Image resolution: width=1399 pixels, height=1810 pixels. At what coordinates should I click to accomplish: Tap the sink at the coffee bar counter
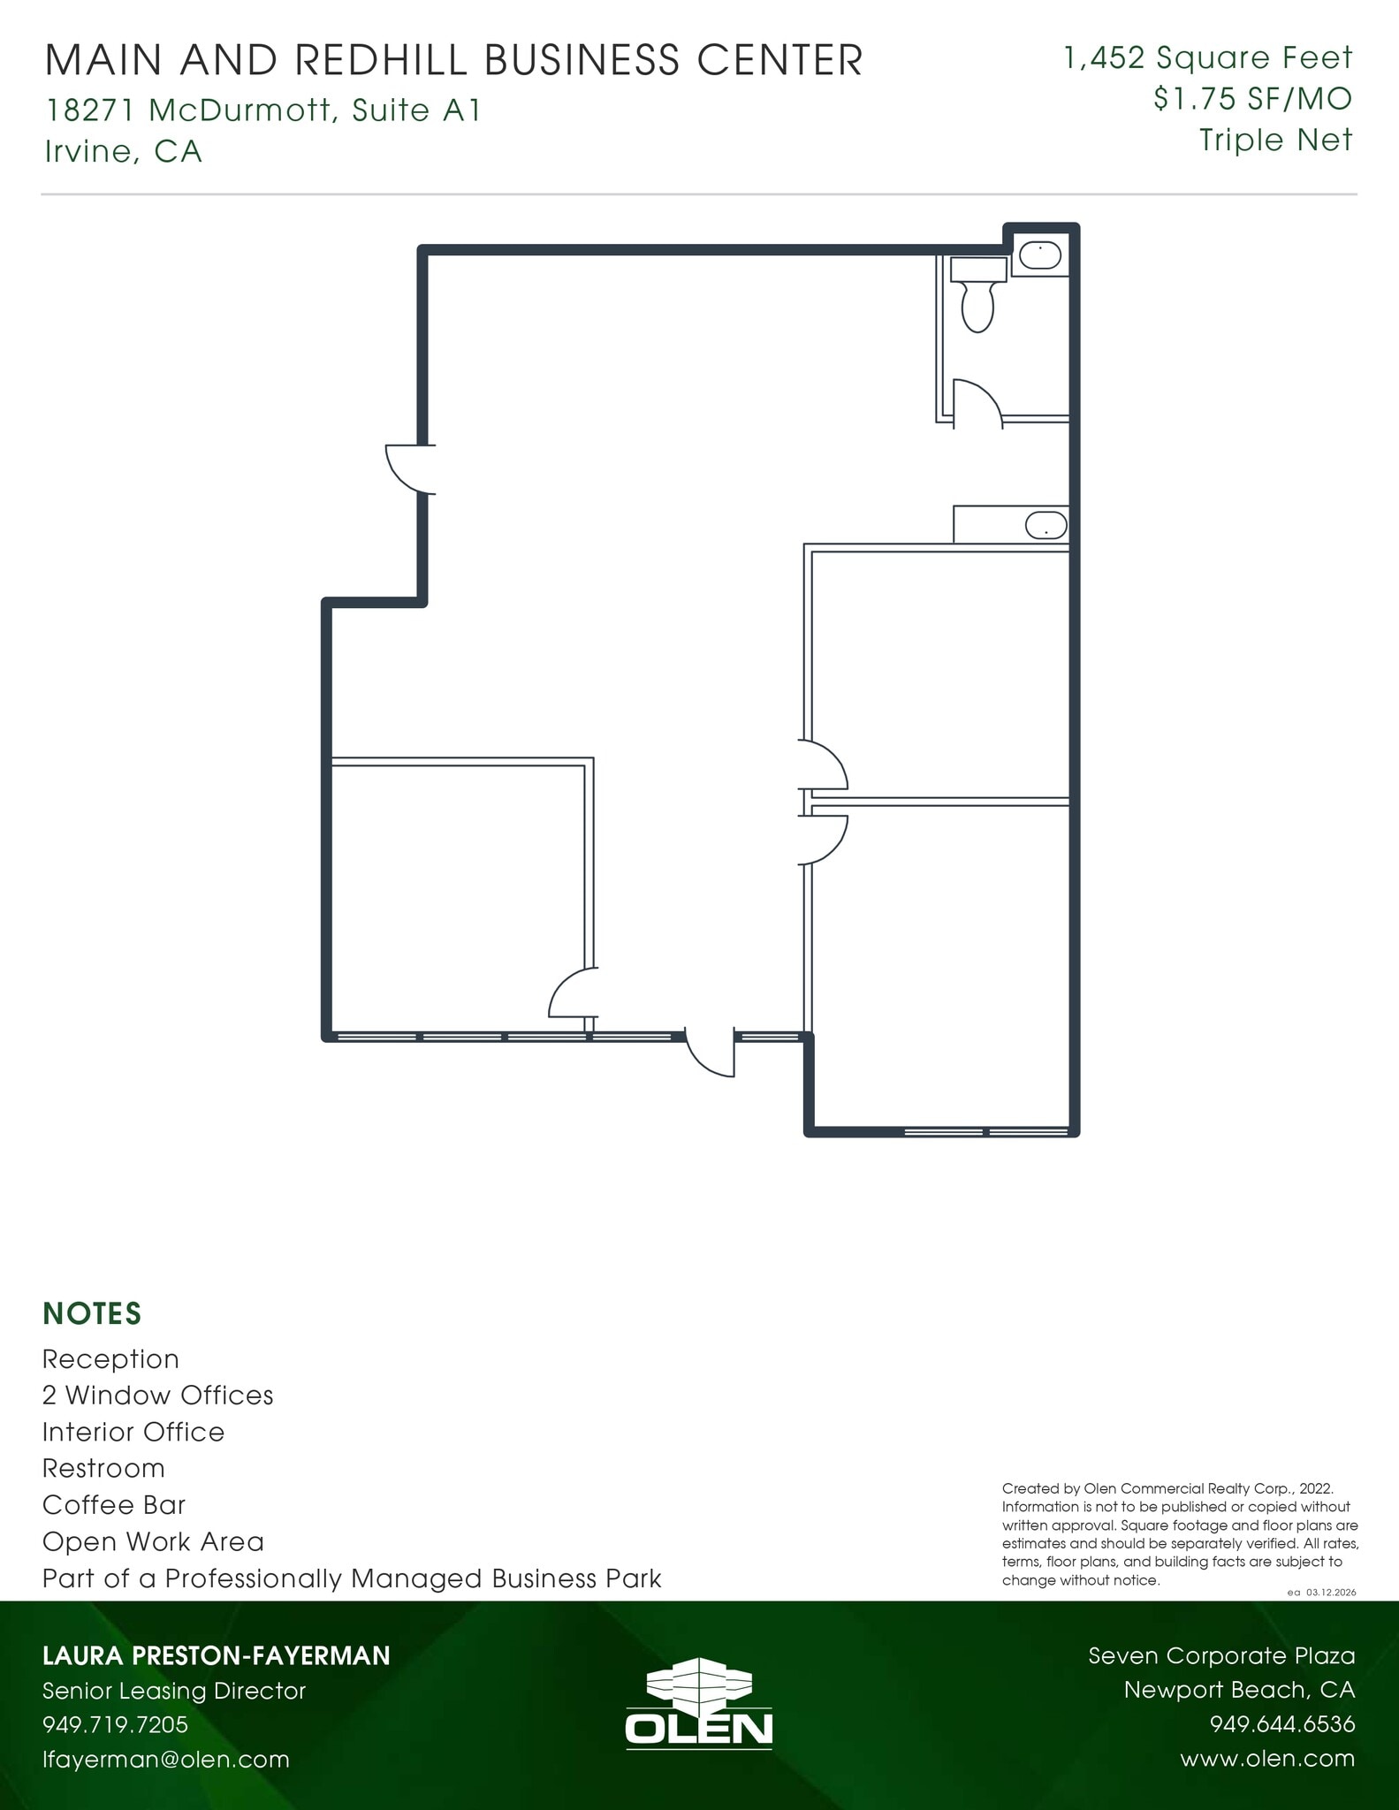1046,526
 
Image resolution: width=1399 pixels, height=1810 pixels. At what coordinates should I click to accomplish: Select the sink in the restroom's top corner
1040,256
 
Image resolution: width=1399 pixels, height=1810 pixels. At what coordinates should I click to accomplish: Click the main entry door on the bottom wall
711,1054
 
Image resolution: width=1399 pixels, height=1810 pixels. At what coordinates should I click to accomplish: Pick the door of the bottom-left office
573,993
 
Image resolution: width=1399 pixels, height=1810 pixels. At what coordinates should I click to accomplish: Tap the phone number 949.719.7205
116,1724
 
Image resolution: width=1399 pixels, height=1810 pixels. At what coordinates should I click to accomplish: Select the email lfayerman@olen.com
166,1759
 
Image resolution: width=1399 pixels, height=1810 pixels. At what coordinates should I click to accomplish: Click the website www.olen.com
1266,1758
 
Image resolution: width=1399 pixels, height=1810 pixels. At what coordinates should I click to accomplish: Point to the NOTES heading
92,1313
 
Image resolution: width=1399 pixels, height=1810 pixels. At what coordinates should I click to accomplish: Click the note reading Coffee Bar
114,1504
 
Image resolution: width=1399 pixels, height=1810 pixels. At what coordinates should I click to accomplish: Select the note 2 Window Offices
158,1395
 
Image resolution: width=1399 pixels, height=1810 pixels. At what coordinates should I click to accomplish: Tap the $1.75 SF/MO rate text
1252,99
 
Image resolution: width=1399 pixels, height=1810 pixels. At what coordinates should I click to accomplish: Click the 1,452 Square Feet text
1208,58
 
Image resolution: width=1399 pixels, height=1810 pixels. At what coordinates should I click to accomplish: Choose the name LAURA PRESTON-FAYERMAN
217,1655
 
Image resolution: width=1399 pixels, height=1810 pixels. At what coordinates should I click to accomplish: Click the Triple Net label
1275,140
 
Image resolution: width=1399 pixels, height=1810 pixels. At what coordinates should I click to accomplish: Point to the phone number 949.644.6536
1281,1724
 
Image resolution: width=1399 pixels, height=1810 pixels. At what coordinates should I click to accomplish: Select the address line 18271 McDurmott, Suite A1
263,110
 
